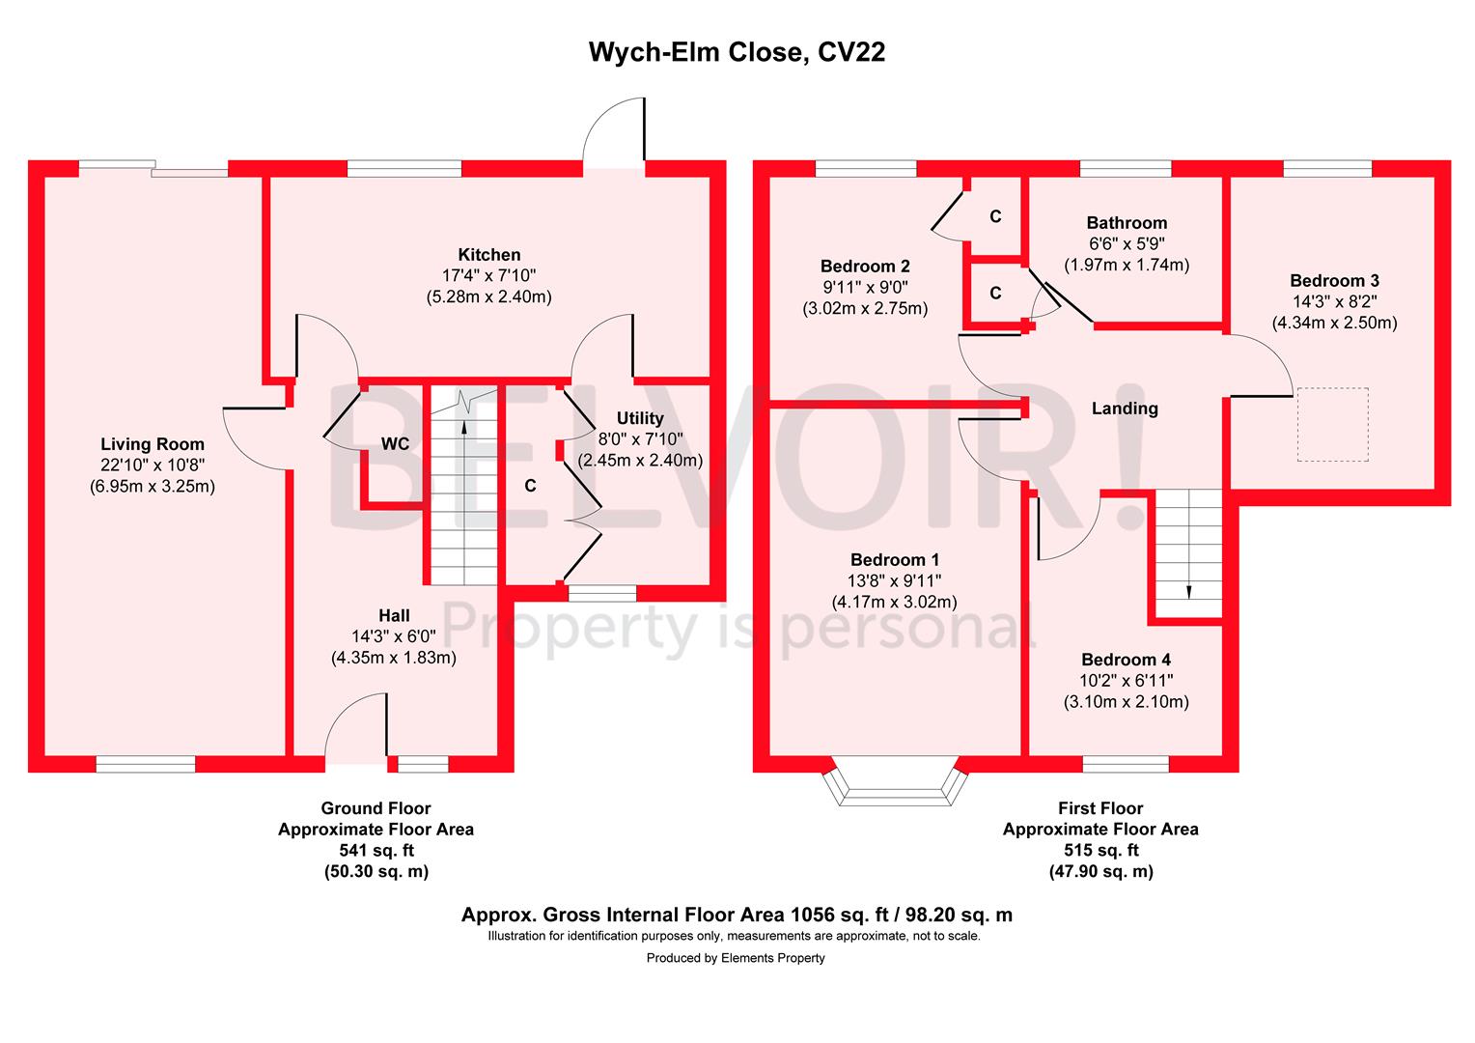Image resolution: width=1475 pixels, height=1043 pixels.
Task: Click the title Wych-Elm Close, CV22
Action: [737, 52]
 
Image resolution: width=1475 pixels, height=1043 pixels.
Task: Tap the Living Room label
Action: [153, 444]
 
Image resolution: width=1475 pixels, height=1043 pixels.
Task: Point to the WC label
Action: [395, 444]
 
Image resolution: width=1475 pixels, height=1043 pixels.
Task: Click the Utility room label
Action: [640, 418]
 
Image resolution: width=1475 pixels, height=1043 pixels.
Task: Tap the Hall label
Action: [394, 615]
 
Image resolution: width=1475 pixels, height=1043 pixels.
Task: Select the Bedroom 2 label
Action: [865, 267]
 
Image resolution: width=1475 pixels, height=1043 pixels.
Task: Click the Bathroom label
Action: [1127, 223]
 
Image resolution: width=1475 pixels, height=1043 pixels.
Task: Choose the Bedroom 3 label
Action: [1334, 281]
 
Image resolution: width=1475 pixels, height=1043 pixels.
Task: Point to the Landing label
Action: [1125, 409]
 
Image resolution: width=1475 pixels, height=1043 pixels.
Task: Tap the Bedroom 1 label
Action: [895, 560]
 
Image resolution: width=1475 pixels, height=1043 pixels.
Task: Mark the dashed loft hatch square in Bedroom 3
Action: [1333, 425]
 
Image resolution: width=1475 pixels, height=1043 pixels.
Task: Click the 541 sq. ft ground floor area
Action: [376, 851]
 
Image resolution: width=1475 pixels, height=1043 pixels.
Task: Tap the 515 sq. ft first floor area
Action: [1100, 851]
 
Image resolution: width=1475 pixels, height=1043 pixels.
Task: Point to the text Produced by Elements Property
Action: [736, 958]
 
